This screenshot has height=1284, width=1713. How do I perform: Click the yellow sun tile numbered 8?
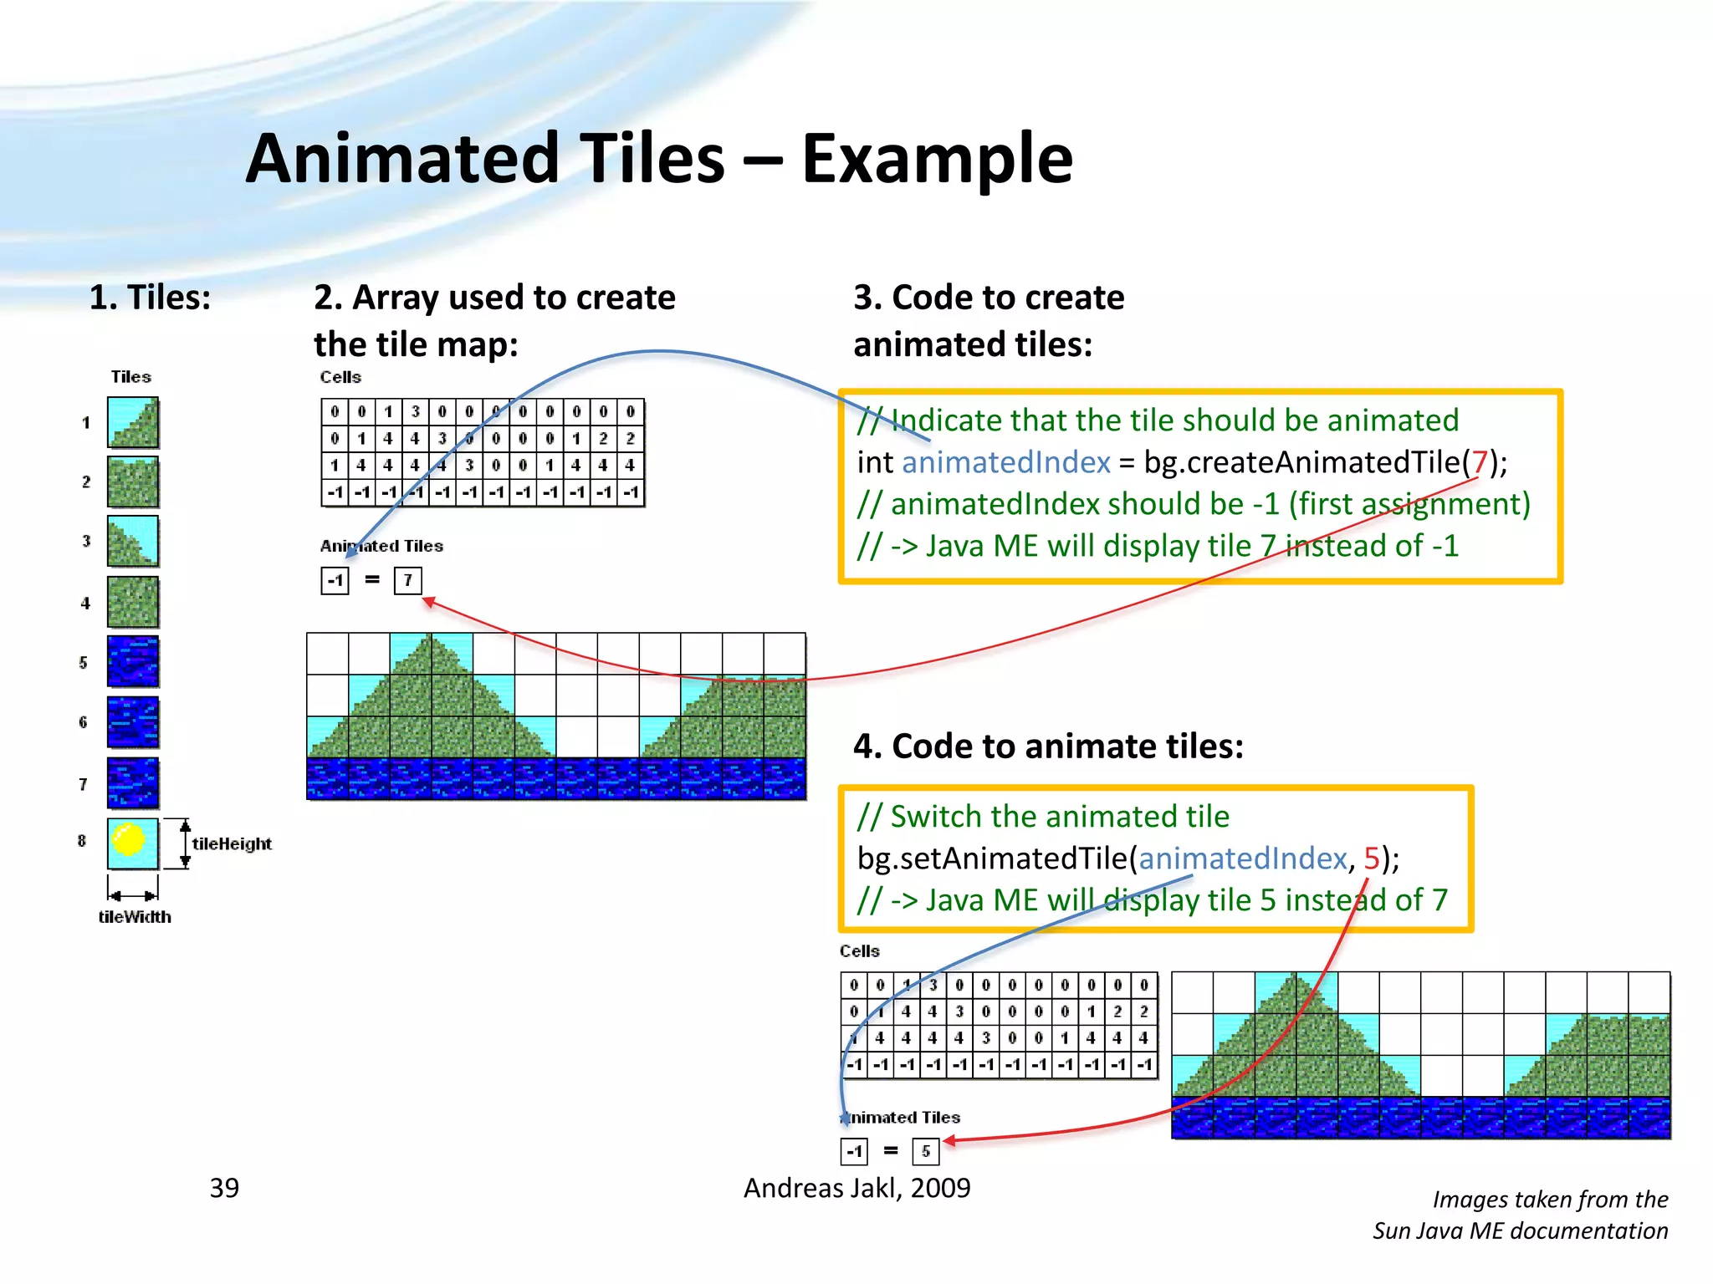coord(132,843)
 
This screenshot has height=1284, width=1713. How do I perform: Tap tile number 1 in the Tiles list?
coord(132,423)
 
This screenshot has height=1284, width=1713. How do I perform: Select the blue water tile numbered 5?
coord(132,661)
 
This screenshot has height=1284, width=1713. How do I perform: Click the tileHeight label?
coord(232,843)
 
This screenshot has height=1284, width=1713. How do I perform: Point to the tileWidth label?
coord(135,917)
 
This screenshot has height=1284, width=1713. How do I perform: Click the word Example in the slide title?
coord(937,159)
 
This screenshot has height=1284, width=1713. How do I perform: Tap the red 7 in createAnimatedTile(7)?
coord(1480,462)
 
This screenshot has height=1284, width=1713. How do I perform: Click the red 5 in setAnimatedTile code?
coord(1372,859)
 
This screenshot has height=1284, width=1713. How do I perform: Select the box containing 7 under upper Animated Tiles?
coord(407,580)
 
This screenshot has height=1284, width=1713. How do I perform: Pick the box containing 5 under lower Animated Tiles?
coord(925,1151)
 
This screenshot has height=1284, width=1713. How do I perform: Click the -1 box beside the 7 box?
coord(335,580)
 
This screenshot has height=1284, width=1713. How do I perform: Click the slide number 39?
coord(224,1188)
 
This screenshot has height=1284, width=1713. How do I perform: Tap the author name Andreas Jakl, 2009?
coord(856,1188)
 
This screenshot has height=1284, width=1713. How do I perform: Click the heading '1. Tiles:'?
coord(150,298)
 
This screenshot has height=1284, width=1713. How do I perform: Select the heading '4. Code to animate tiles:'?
coord(1048,746)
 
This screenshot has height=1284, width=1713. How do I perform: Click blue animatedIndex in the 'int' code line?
coord(1005,462)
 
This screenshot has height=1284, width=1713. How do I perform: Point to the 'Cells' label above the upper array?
coord(340,377)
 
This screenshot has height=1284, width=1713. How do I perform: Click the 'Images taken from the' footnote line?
coord(1550,1200)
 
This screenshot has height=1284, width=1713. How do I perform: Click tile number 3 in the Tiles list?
coord(132,542)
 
